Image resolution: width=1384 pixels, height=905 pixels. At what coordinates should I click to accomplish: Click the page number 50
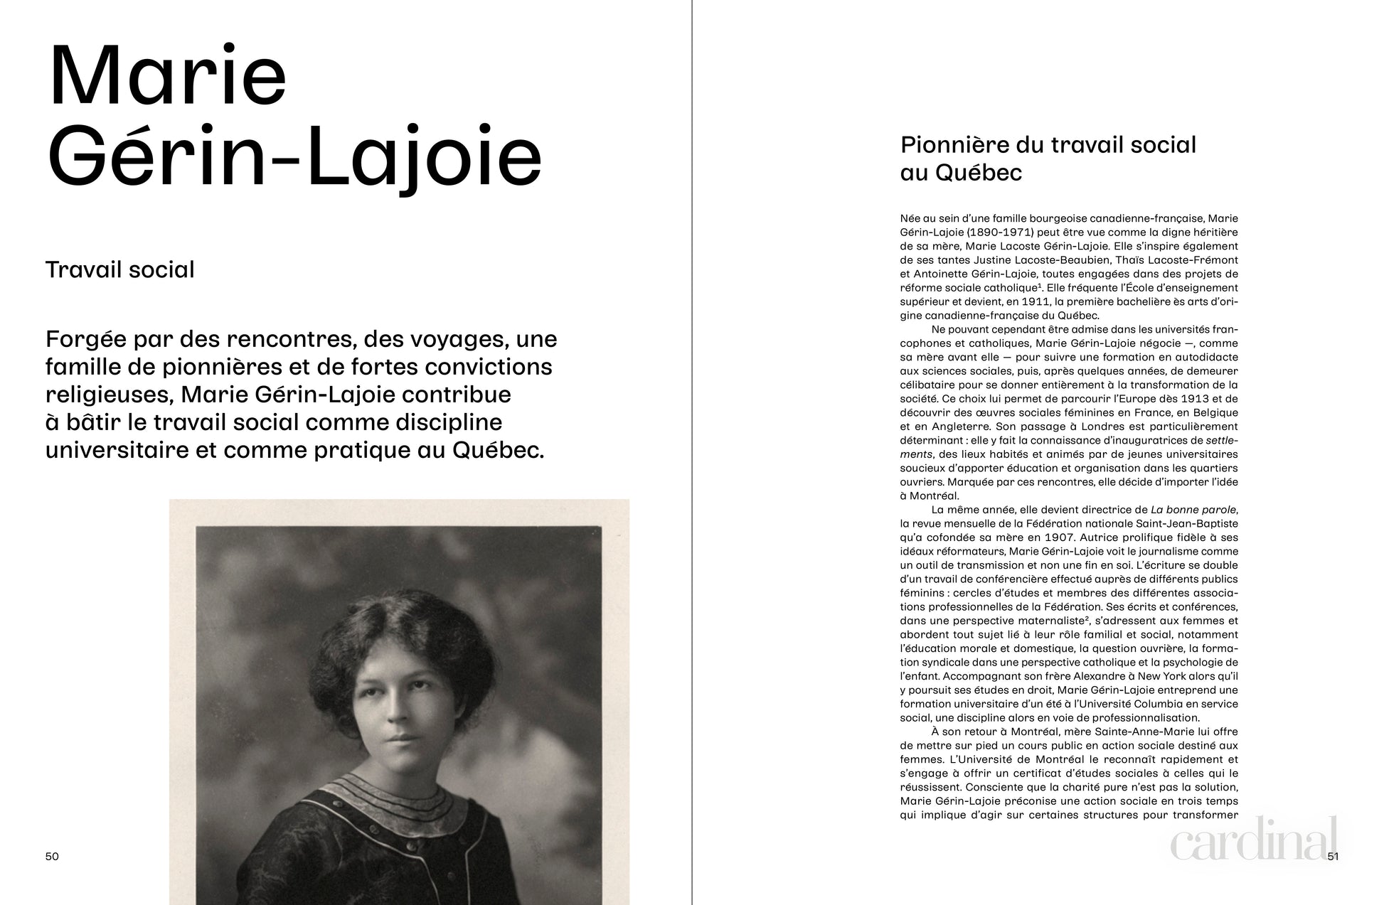point(52,856)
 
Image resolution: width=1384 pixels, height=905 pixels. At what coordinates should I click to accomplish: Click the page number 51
point(1333,856)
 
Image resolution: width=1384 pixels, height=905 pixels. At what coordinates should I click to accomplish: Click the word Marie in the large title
point(168,76)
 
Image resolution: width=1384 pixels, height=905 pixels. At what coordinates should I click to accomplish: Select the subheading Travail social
point(119,269)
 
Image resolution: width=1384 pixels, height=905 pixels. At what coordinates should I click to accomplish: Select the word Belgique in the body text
point(1215,412)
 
